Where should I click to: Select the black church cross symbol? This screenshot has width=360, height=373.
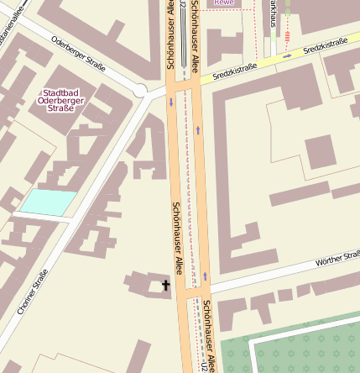tap(165, 286)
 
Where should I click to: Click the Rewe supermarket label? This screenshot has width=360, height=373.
tap(224, 3)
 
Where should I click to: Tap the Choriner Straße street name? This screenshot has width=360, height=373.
tap(33, 292)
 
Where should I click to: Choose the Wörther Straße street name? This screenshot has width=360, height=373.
tap(335, 260)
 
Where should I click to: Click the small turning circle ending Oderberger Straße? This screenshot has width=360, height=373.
tap(140, 90)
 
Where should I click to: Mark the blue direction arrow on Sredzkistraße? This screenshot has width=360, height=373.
tap(287, 56)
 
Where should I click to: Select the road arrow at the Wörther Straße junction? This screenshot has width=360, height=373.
tap(204, 276)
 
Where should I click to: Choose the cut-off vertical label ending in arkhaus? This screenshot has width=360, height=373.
tap(273, 14)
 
